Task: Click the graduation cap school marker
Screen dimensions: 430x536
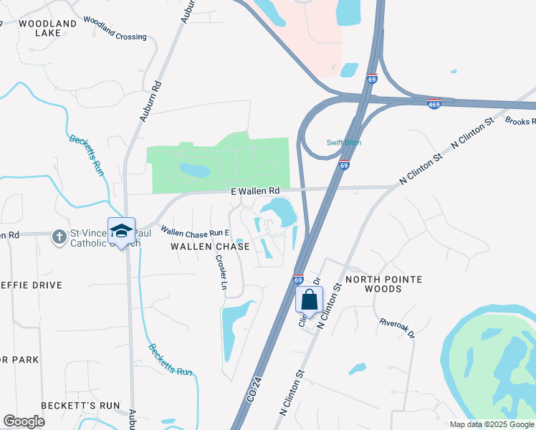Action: pyautogui.click(x=121, y=230)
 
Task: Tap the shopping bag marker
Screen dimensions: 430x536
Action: pyautogui.click(x=310, y=299)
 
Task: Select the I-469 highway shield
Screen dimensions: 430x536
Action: pyautogui.click(x=434, y=104)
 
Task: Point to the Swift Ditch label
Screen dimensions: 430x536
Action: pyautogui.click(x=343, y=143)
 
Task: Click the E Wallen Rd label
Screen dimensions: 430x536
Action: pyautogui.click(x=254, y=191)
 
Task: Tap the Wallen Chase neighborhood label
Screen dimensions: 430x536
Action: pyautogui.click(x=210, y=247)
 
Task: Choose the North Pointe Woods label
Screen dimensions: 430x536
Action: pyautogui.click(x=383, y=284)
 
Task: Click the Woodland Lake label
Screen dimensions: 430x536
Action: pyautogui.click(x=47, y=29)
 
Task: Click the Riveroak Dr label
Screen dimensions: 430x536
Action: pyautogui.click(x=397, y=328)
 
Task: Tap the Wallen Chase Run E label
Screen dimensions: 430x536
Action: pyautogui.click(x=194, y=233)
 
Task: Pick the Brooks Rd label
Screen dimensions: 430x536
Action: pyautogui.click(x=520, y=121)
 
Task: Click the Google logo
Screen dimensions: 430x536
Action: pyautogui.click(x=24, y=421)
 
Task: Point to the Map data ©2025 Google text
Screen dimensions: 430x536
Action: pyautogui.click(x=491, y=424)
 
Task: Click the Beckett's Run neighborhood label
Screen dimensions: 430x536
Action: pyautogui.click(x=80, y=406)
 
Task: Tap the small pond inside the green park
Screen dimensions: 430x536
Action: pyautogui.click(x=194, y=170)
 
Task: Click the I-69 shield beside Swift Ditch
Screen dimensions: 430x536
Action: pyautogui.click(x=345, y=166)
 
